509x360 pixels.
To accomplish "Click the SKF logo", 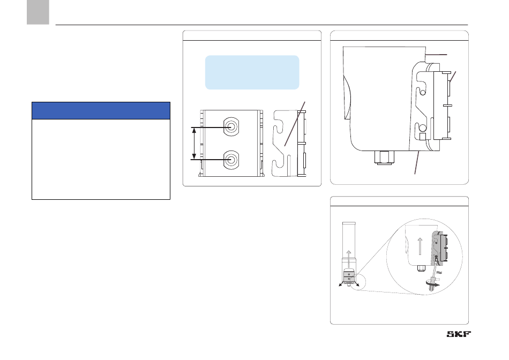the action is [x=459, y=334].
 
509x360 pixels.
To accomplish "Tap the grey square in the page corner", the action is [x=38, y=12].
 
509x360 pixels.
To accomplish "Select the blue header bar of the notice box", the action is [x=101, y=111].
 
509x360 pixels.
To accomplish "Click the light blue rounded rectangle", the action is [x=252, y=72].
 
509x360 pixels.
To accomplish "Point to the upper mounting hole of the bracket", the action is [x=231, y=126].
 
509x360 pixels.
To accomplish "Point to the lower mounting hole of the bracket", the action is [x=231, y=160].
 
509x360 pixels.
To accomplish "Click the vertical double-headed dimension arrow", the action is [x=194, y=143].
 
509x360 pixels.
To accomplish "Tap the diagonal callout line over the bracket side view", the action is [x=295, y=124].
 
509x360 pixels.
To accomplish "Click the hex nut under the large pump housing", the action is [x=384, y=157].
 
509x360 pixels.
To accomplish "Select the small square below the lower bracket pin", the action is [x=422, y=136].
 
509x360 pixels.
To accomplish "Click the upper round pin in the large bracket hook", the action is [x=423, y=93].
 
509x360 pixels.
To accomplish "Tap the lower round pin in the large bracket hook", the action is [x=422, y=127].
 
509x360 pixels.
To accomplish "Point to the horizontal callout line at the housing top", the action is [x=436, y=55].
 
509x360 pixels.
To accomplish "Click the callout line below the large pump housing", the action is [x=417, y=163].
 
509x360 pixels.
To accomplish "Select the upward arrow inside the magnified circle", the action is [x=420, y=246].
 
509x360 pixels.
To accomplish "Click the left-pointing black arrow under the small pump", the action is [x=341, y=284].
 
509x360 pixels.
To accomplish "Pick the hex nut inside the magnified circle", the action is [x=421, y=268].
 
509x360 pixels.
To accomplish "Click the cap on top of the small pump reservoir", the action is [x=349, y=224].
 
